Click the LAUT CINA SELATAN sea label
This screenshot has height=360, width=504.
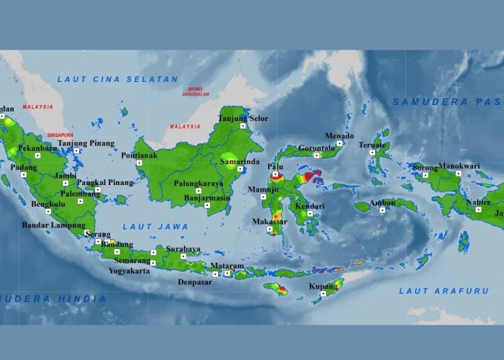(117, 79)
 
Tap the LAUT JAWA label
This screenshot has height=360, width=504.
(155, 227)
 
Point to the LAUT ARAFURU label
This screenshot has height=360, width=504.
(438, 291)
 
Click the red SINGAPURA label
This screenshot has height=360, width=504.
(61, 135)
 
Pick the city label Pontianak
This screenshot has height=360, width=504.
(139, 155)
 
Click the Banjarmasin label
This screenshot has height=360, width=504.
(207, 197)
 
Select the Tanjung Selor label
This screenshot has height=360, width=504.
(243, 118)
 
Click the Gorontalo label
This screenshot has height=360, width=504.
(317, 148)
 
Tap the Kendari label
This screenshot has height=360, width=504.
(310, 206)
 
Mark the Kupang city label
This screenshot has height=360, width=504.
(324, 286)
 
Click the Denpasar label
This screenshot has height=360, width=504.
(197, 282)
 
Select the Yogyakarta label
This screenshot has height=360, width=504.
(130, 271)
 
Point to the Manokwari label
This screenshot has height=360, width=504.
(459, 166)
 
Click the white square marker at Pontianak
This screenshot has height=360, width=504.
(141, 163)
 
